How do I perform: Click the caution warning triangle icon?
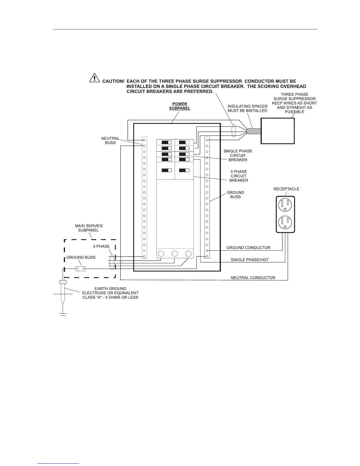tap(94, 77)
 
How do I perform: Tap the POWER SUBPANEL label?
tap(180, 106)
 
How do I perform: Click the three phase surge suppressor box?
tap(278, 131)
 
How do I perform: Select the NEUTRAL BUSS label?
tap(110, 140)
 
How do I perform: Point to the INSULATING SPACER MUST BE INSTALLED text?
tap(247, 108)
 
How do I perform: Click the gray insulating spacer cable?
tap(254, 132)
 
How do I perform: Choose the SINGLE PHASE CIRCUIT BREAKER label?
tap(238, 155)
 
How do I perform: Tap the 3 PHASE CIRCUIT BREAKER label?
tap(239, 176)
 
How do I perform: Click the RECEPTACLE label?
tap(286, 189)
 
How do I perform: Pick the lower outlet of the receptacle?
tap(285, 222)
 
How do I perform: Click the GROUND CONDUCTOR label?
tap(248, 248)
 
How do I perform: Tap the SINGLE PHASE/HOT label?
tap(249, 260)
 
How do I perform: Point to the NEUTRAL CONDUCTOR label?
tap(253, 278)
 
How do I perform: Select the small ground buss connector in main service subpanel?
tap(80, 269)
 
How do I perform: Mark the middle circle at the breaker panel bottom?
tap(175, 254)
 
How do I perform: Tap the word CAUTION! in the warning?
tap(113, 81)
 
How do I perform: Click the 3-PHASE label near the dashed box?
tap(101, 246)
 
